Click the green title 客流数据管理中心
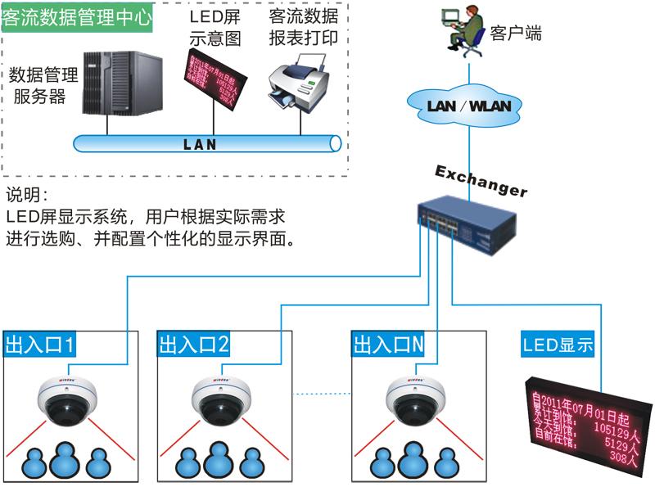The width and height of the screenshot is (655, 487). click(77, 18)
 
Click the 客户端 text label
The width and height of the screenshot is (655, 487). click(516, 34)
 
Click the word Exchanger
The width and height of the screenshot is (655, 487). click(481, 180)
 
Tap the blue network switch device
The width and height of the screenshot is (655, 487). click(467, 223)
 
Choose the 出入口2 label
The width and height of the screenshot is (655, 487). click(193, 345)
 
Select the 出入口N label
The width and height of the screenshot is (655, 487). click(389, 345)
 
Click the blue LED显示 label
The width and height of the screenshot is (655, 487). click(557, 345)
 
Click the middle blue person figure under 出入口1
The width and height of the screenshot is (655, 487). click(66, 460)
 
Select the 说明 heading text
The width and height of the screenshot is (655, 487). click(27, 196)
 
